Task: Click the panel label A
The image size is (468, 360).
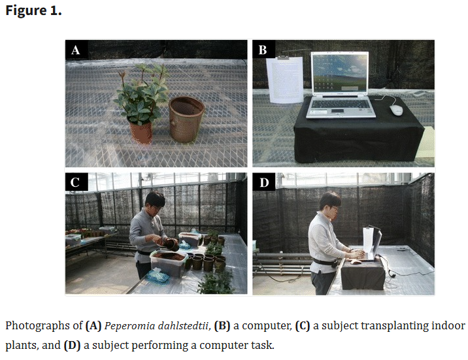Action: pyautogui.click(x=76, y=50)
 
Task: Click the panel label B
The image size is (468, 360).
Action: pyautogui.click(x=263, y=50)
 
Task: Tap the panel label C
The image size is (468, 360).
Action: pyautogui.click(x=75, y=182)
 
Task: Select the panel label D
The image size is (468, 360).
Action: pyautogui.click(x=264, y=182)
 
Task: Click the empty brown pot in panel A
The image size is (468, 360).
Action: pyautogui.click(x=186, y=119)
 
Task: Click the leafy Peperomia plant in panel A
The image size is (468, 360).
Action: pyautogui.click(x=142, y=93)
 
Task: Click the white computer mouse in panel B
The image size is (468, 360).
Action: pyautogui.click(x=396, y=110)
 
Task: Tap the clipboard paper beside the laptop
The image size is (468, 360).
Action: pyautogui.click(x=285, y=80)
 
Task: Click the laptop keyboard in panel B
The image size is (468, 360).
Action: pyautogui.click(x=341, y=105)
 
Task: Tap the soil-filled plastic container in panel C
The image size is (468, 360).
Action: pyautogui.click(x=169, y=263)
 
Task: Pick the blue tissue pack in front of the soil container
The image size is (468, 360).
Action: pyautogui.click(x=158, y=275)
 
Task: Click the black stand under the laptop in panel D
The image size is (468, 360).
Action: pyautogui.click(x=363, y=274)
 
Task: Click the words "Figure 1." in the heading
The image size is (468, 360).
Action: pyautogui.click(x=33, y=10)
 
